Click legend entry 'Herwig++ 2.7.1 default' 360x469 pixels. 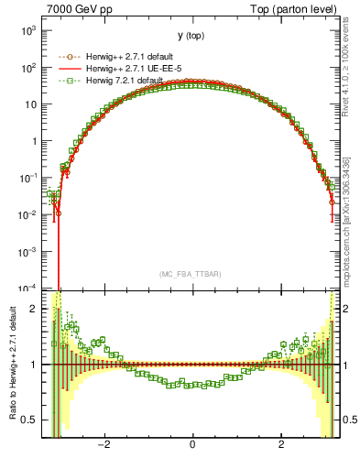point(125,55)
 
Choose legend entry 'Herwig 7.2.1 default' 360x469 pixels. point(121,81)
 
